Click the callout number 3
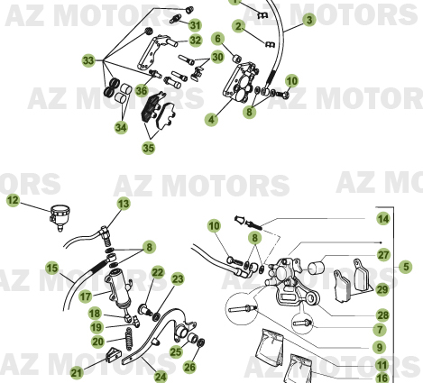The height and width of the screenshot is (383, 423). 309,19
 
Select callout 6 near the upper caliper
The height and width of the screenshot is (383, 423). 217,39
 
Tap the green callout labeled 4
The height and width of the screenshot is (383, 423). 211,118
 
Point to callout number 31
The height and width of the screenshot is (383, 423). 196,24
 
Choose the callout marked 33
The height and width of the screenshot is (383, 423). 88,60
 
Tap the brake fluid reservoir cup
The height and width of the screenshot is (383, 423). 60,216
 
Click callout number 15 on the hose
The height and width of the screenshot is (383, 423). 51,267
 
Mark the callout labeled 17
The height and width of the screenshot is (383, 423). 85,295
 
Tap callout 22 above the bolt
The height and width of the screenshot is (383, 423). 157,273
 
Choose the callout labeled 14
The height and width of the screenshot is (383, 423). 382,219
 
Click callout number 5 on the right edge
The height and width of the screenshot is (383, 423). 406,266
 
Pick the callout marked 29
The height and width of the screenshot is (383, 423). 382,289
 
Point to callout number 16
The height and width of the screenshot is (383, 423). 382,378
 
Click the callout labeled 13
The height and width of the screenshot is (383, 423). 123,204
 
